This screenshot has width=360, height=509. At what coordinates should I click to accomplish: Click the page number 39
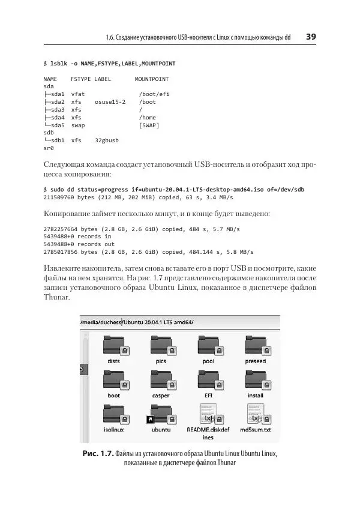311,37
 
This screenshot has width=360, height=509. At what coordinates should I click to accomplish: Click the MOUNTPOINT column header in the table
151,79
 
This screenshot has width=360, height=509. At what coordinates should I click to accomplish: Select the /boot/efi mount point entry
154,94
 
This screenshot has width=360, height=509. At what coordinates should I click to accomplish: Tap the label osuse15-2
110,102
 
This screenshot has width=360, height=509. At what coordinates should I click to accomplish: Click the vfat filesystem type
78,94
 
